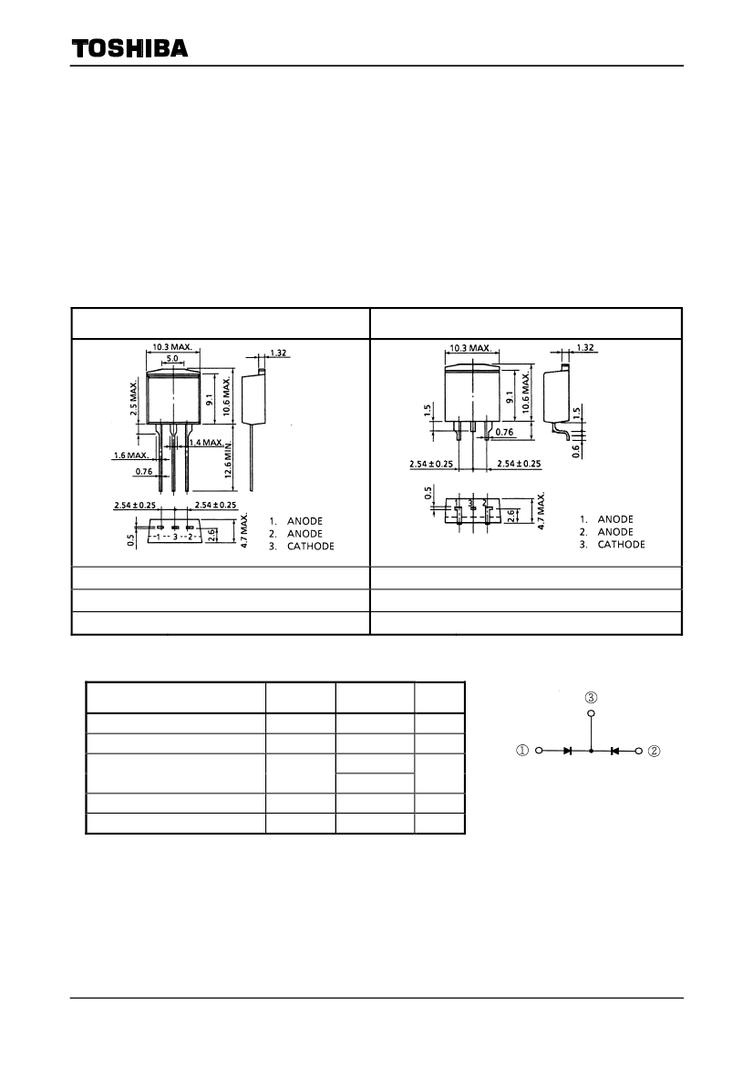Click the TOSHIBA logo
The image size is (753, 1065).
129,48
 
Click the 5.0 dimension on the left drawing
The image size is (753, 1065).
172,358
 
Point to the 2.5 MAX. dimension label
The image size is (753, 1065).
134,398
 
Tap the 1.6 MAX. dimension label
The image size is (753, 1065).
130,456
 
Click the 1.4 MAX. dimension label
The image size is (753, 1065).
206,443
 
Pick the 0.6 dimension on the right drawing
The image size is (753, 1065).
576,450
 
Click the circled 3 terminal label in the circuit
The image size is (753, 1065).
591,698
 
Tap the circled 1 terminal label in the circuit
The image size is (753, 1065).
522,751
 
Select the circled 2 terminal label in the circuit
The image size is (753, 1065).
654,751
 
